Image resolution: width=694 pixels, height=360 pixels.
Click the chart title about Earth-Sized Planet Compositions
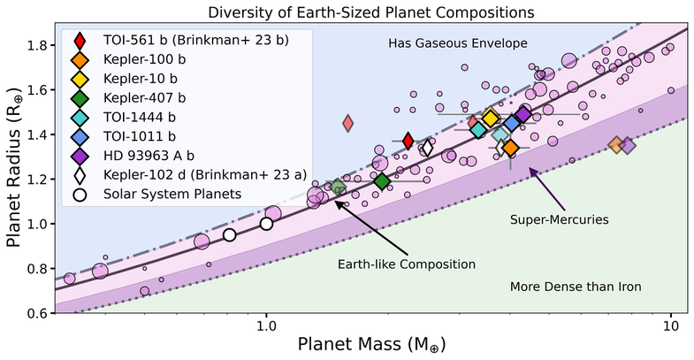[x=347, y=12]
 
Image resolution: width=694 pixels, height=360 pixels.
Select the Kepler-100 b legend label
[x=142, y=60]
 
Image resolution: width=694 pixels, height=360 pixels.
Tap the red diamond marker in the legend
[x=80, y=41]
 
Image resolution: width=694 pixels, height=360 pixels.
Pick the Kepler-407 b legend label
[x=142, y=98]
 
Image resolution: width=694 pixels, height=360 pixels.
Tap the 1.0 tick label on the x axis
[x=266, y=326]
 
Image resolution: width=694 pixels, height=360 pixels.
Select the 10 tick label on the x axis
[x=670, y=326]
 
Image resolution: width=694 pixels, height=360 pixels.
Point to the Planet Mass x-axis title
[x=364, y=345]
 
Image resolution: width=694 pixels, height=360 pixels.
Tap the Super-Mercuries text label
[x=553, y=216]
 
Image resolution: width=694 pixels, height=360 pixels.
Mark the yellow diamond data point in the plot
[x=492, y=119]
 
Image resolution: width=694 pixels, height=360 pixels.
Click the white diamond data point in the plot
[x=427, y=148]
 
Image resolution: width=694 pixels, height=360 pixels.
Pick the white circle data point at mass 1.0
[x=266, y=224]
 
